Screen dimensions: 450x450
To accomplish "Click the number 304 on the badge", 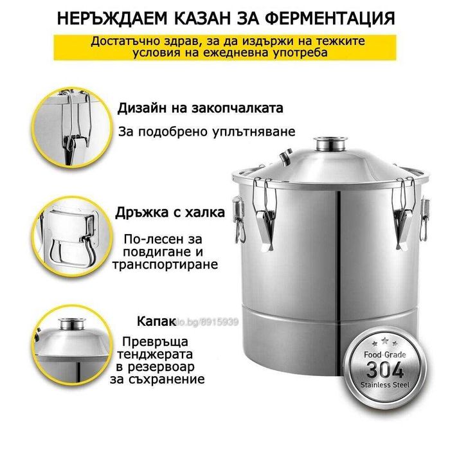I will point(385,370).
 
